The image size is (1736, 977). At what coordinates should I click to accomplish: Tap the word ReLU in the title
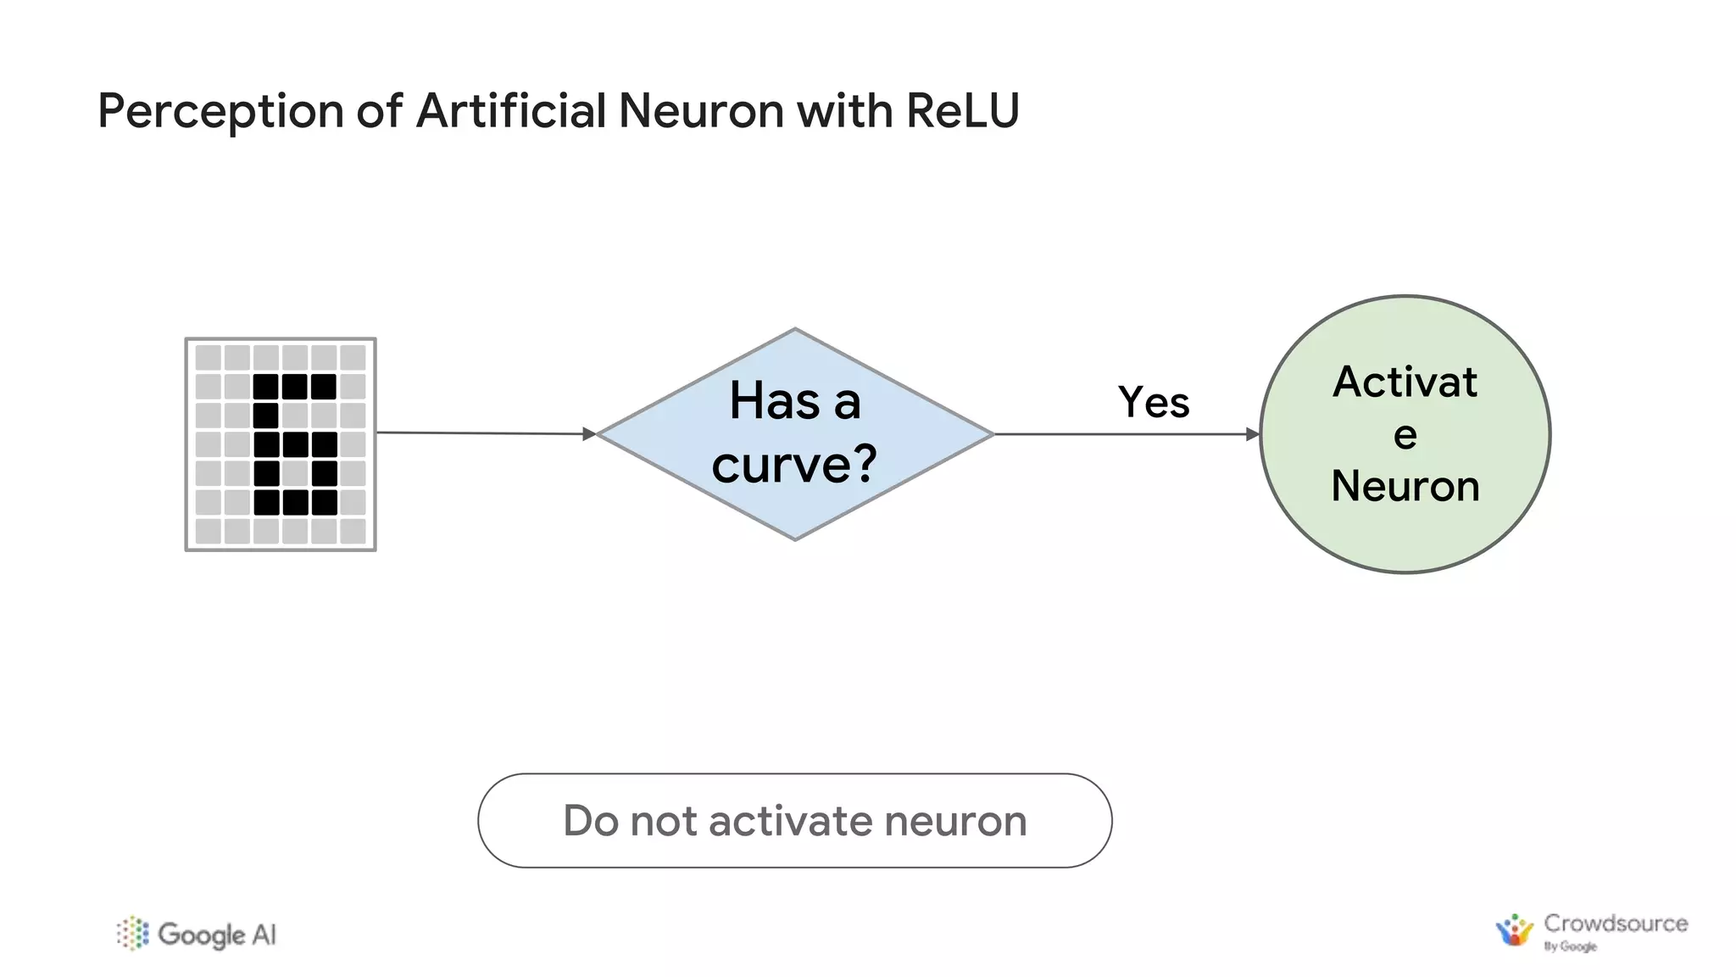click(962, 111)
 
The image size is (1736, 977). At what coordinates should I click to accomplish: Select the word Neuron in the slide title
click(701, 111)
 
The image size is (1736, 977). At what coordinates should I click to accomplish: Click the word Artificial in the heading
click(511, 111)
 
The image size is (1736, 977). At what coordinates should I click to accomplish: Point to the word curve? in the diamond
click(794, 465)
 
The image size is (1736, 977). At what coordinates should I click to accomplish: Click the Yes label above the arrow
click(1153, 402)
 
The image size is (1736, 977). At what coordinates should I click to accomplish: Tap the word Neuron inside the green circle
click(1405, 486)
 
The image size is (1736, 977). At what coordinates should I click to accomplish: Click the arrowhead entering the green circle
click(1253, 434)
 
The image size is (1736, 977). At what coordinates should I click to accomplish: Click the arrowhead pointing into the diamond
click(589, 434)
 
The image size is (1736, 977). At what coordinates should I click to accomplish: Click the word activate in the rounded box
click(792, 821)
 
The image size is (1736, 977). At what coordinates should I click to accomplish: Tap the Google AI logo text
click(217, 935)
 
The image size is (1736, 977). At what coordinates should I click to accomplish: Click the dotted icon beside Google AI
click(133, 933)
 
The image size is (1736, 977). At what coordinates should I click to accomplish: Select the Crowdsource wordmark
click(1615, 923)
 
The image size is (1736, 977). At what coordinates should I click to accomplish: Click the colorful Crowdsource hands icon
click(1514, 930)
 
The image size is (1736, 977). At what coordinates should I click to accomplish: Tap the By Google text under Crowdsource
click(1570, 946)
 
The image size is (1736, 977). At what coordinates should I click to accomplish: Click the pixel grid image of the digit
click(281, 444)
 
